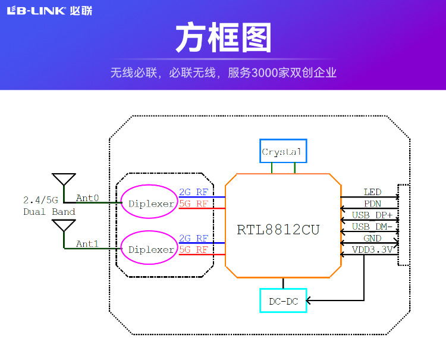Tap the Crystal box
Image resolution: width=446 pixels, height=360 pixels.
(282, 152)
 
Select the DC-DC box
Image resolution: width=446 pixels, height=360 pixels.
(283, 301)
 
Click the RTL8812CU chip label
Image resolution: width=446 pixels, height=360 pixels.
(278, 230)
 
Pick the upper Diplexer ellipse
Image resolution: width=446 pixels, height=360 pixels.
(151, 204)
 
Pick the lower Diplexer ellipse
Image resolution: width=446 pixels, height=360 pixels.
(151, 249)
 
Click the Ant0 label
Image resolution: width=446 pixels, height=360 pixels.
(87, 198)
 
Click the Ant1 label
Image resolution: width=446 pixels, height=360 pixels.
(87, 244)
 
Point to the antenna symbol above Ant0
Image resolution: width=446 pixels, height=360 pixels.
(64, 180)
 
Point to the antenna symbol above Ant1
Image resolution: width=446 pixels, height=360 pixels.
(64, 226)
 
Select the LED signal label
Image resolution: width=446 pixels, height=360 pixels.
(372, 192)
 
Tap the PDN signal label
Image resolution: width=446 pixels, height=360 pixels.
(372, 204)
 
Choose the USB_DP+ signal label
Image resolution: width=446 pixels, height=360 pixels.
(372, 215)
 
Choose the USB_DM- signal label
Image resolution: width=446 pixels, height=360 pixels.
(372, 227)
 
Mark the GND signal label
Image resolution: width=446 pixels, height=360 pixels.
(372, 239)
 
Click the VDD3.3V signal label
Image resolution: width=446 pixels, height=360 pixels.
(372, 250)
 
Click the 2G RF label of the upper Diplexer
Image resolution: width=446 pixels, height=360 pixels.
(194, 192)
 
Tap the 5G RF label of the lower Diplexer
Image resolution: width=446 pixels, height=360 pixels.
(194, 250)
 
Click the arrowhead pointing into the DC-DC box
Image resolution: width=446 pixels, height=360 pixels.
(309, 300)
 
